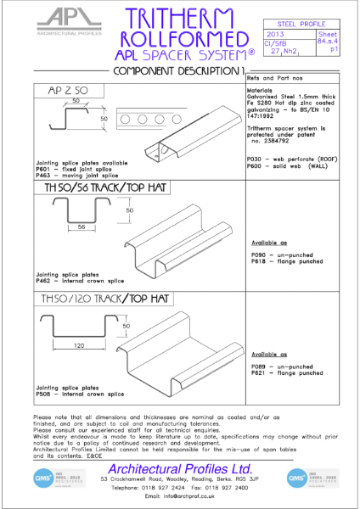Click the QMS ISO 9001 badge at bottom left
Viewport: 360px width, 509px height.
point(42,477)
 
